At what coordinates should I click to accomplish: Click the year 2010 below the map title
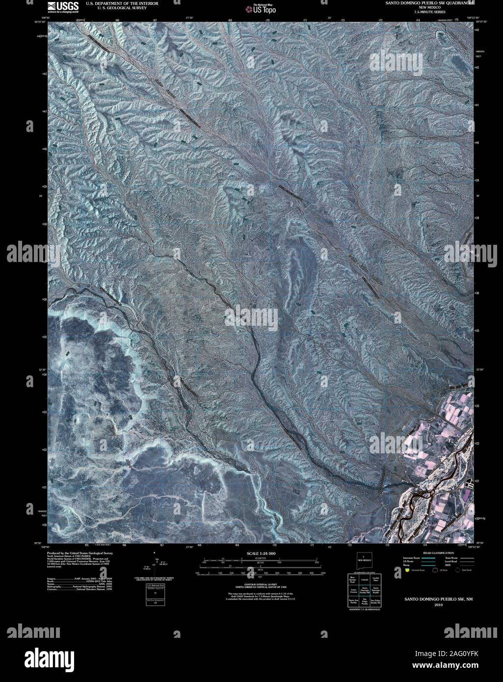tap(438, 605)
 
